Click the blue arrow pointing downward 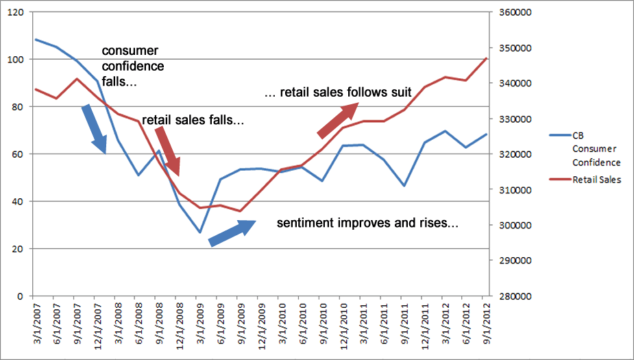[x=95, y=128]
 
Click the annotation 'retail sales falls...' [x=193, y=120]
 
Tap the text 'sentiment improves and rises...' [x=367, y=224]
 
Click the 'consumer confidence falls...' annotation [x=133, y=67]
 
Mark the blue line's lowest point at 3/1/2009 [x=199, y=232]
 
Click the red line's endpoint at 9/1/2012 [x=486, y=58]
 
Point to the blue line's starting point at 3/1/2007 [x=36, y=39]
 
